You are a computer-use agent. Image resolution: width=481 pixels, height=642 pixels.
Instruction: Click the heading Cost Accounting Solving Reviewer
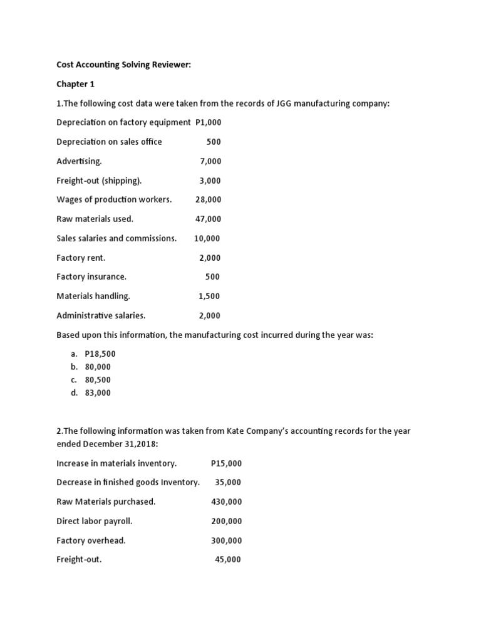(123, 65)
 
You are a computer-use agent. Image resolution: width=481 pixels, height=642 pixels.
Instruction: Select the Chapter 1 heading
(75, 84)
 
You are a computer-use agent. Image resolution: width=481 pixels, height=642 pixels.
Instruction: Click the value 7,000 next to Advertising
(210, 161)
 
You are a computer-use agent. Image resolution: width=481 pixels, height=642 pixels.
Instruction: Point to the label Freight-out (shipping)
(99, 181)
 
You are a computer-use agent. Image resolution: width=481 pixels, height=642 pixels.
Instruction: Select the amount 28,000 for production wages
(209, 199)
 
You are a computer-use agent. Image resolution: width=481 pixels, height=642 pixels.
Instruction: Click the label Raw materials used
(95, 219)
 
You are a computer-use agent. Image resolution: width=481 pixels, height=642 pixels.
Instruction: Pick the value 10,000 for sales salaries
(207, 238)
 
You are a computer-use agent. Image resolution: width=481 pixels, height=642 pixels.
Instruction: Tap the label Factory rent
(81, 258)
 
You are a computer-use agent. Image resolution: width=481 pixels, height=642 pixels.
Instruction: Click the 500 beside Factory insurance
(213, 276)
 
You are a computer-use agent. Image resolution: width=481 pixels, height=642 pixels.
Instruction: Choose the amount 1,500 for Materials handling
(210, 296)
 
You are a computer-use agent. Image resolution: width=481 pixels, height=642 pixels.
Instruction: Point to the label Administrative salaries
(101, 315)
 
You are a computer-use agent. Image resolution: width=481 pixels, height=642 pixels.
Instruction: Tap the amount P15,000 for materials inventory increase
(227, 463)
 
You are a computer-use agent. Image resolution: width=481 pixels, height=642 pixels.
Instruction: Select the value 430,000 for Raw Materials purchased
(227, 502)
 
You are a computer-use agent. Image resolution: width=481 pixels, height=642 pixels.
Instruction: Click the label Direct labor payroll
(95, 521)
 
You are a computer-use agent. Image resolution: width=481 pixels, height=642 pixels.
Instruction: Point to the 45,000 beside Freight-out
(228, 560)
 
